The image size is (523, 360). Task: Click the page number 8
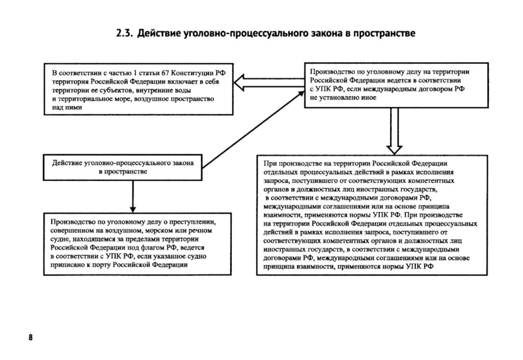point(30,337)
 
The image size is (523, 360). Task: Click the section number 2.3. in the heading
point(124,34)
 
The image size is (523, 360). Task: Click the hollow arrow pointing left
point(268,83)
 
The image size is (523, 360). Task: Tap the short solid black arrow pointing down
point(133,196)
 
